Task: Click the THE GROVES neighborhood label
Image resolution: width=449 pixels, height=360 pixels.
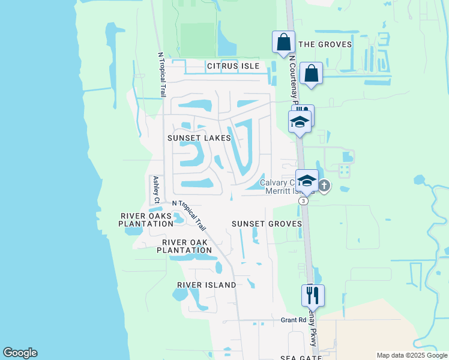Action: tap(325, 44)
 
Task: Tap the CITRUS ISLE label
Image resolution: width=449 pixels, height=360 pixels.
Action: tap(233, 65)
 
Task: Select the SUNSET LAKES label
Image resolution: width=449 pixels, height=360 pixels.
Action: tap(199, 138)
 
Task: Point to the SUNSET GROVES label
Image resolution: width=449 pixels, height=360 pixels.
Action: tap(267, 224)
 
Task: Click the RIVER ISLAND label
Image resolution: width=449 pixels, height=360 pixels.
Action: tap(206, 285)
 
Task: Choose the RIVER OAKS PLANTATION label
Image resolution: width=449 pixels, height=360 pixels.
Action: tap(146, 220)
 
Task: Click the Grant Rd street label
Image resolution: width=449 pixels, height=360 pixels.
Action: tap(294, 320)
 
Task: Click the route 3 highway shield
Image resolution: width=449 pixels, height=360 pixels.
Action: tap(304, 201)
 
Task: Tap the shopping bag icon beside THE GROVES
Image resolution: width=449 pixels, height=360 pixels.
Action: tap(283, 42)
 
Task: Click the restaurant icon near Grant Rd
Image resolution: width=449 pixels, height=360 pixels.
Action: tap(313, 295)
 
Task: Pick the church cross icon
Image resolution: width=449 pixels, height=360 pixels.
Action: tap(324, 186)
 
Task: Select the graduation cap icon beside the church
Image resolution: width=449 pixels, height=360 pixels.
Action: tap(307, 181)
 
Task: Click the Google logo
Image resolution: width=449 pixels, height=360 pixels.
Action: tap(20, 353)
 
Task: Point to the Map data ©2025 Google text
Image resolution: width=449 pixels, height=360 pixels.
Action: tap(411, 355)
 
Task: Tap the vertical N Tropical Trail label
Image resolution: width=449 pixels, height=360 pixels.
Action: tap(161, 74)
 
